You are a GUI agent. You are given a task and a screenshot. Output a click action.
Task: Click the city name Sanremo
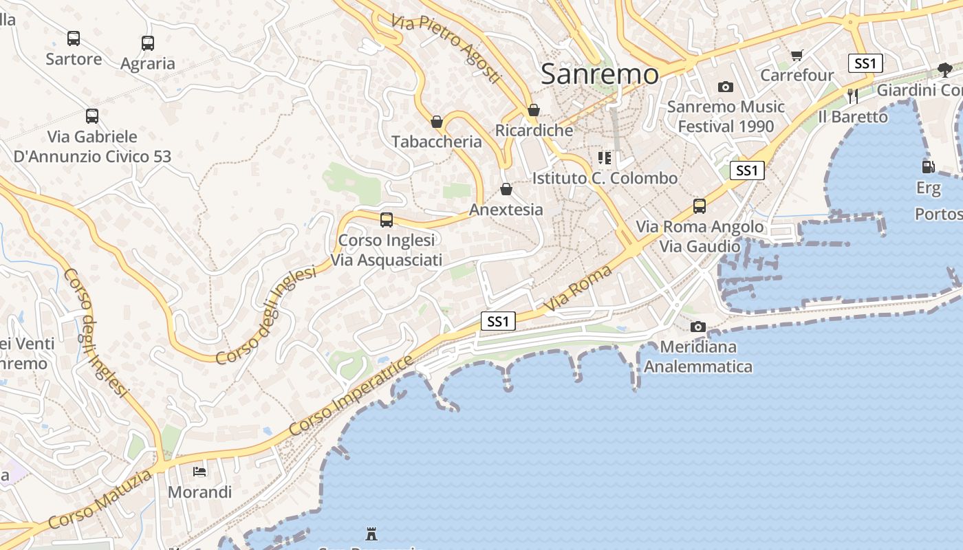599,74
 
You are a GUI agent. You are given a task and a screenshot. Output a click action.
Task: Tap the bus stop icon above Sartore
74,38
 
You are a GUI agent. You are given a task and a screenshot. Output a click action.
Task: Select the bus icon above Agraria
148,43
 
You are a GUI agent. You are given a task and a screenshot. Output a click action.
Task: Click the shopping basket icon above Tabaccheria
437,122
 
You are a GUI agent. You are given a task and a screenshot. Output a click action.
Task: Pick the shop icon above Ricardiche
534,110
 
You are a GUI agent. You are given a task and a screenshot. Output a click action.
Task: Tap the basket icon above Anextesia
506,189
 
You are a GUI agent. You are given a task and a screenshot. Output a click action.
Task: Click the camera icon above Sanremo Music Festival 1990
726,87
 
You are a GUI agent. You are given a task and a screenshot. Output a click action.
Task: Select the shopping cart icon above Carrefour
797,55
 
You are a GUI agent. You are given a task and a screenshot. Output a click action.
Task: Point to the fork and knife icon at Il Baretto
853,96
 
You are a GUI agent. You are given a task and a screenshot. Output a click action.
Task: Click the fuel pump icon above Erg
928,166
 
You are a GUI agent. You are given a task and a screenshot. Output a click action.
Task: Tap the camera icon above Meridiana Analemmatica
698,327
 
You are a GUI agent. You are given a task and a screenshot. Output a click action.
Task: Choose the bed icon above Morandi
199,472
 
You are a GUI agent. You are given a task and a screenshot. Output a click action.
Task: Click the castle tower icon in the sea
371,533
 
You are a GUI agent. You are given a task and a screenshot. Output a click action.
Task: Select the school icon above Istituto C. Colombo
605,158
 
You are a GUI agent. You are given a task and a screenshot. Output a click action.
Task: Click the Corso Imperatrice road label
351,395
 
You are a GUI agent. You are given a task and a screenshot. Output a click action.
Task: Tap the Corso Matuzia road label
100,498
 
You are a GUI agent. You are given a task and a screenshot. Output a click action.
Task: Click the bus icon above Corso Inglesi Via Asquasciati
387,220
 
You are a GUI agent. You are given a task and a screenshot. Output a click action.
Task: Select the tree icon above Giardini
945,69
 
